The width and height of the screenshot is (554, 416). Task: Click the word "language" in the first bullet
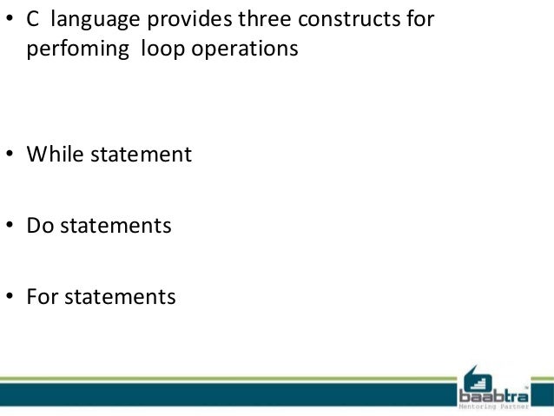coord(92,20)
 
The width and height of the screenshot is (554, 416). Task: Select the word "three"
coord(251,18)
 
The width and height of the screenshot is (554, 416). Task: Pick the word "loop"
coord(150,50)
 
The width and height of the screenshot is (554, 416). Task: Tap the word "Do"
coord(39,226)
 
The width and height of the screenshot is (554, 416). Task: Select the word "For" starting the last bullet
coord(42,297)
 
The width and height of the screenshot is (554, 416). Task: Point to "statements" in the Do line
coord(118,226)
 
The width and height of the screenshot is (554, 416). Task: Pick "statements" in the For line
coord(122,297)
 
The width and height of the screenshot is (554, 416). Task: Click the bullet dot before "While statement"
coord(10,155)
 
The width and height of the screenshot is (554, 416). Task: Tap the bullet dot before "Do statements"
coord(10,227)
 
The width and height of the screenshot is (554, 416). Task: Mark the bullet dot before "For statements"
coord(10,298)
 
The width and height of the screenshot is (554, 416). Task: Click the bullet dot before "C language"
coord(10,19)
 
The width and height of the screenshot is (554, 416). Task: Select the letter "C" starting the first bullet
coord(32,18)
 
